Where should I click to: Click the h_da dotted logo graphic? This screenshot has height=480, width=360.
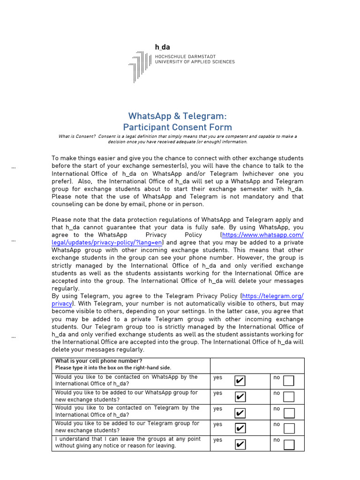[x=140, y=66]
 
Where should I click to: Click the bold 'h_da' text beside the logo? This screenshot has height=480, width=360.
[x=163, y=47]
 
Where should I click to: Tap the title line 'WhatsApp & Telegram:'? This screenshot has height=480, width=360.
[x=177, y=116]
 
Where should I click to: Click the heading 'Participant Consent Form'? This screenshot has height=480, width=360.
[x=177, y=127]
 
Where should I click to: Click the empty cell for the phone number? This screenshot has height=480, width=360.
[x=257, y=366]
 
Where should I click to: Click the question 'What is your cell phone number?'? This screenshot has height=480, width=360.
[x=98, y=361]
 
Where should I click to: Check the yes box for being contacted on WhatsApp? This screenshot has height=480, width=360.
[x=240, y=381]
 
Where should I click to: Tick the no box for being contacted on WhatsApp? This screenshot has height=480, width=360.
[x=289, y=381]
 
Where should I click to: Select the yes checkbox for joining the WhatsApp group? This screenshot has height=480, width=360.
[x=240, y=397]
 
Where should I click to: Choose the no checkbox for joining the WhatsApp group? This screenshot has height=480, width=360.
[x=289, y=397]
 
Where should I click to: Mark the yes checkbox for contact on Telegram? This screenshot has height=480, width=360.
[x=240, y=412]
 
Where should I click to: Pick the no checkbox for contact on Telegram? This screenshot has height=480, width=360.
[x=289, y=412]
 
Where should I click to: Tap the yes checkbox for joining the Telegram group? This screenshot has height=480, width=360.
[x=240, y=428]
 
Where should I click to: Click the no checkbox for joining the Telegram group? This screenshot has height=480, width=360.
[x=289, y=428]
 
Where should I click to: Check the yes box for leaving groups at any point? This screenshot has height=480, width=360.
[x=240, y=444]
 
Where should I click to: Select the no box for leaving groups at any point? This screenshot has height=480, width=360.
[x=289, y=444]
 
